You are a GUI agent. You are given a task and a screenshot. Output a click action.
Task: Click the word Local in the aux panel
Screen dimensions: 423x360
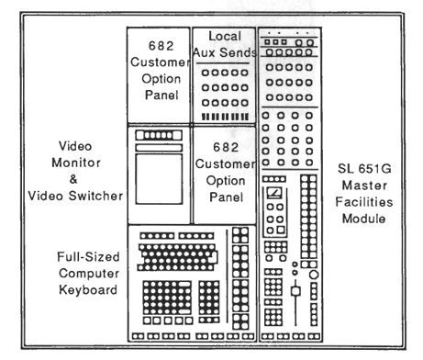(225, 36)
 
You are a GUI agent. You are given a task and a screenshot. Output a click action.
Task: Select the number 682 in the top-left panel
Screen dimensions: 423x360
(161, 46)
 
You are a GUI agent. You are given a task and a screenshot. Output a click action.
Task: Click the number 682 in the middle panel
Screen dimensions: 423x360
(226, 148)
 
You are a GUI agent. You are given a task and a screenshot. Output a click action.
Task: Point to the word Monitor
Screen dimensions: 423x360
(76, 163)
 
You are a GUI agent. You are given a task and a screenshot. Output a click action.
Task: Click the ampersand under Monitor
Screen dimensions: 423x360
(73, 179)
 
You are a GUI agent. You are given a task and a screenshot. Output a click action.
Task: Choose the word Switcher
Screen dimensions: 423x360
(95, 196)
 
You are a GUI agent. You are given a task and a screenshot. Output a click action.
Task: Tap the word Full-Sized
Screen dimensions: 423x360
(88, 256)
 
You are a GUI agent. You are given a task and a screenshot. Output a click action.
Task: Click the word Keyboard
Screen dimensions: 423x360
(88, 289)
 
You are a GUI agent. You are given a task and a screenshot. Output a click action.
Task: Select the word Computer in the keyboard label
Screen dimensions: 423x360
(89, 274)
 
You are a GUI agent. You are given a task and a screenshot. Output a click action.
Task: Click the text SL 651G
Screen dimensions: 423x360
(364, 169)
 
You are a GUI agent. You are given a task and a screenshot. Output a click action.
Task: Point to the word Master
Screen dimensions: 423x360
(364, 186)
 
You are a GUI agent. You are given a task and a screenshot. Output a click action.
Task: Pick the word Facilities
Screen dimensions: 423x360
(364, 202)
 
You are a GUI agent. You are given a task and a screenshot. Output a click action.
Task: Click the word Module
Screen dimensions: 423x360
(363, 219)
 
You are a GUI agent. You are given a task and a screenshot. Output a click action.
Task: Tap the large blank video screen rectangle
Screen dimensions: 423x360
(159, 179)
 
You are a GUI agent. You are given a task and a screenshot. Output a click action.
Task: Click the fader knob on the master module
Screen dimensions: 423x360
(295, 291)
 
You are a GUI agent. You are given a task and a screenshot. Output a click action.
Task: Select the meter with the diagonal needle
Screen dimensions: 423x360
(274, 193)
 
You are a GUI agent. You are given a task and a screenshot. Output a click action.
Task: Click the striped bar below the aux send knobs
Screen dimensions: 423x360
(225, 117)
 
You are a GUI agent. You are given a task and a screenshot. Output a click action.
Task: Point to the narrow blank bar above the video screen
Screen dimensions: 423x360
(159, 148)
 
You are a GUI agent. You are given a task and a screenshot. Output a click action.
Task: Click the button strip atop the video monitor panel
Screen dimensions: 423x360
(159, 135)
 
